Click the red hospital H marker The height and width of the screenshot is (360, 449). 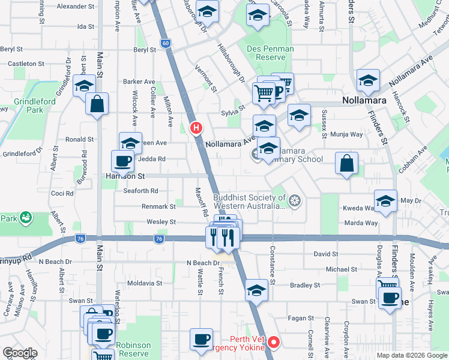coord(196,128)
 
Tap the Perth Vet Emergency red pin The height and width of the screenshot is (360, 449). coord(274,343)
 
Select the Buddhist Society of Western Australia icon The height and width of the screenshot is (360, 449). coord(294,200)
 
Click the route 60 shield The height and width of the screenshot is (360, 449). coord(166,43)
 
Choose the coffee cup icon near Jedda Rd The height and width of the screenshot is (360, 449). coord(123,160)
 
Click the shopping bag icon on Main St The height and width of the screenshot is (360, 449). coord(97,103)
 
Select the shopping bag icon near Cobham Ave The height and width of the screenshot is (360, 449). coord(347,163)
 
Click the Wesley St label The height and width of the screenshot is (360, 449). coord(161,222)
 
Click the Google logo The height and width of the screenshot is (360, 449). coord(20,353)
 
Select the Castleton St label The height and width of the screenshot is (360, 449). coord(26,63)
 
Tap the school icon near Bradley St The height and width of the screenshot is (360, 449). coord(256,290)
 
